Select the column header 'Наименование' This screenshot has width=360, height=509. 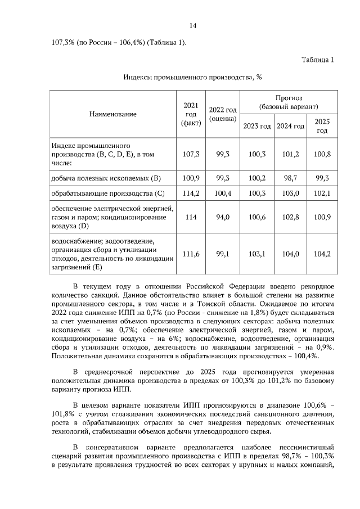click(112, 114)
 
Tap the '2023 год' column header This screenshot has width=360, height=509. click(257, 125)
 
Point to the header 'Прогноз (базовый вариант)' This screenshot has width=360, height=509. click(289, 102)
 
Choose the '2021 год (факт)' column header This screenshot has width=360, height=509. click(191, 114)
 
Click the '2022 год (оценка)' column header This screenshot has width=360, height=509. click(223, 114)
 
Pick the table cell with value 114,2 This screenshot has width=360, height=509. click(191, 193)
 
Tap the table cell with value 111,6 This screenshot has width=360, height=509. click(191, 254)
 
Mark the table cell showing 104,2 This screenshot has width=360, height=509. click(322, 254)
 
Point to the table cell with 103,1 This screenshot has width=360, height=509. click(257, 254)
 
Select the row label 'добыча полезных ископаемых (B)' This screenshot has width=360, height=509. click(106, 178)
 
